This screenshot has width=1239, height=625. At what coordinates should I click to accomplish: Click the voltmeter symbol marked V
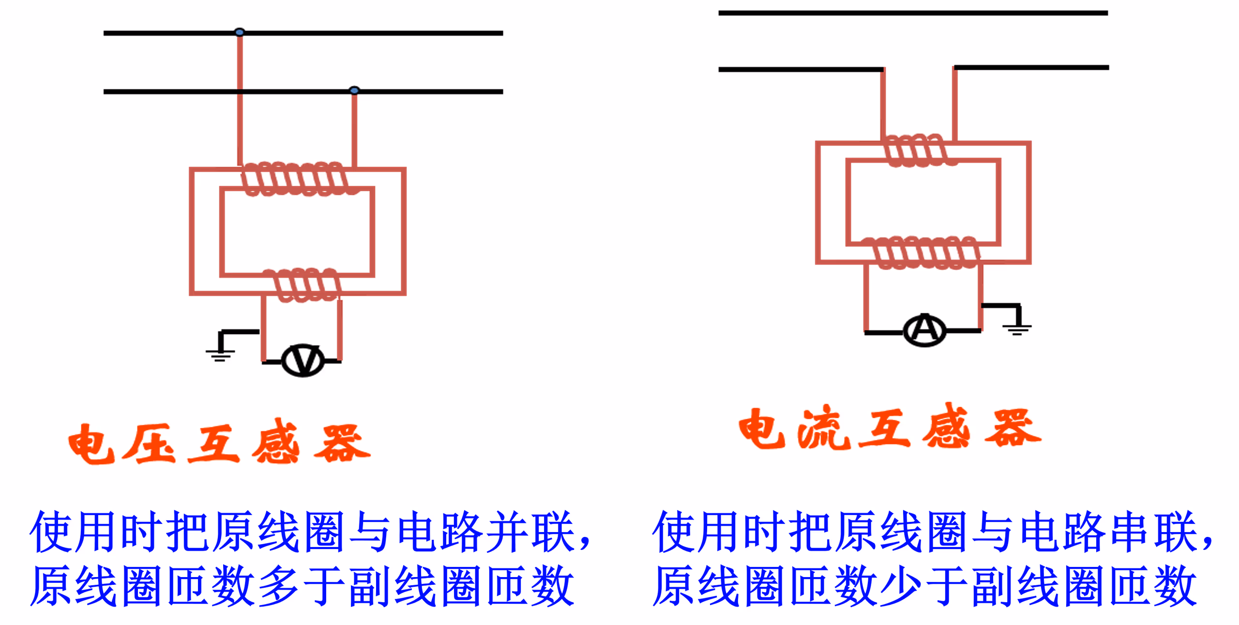tap(303, 361)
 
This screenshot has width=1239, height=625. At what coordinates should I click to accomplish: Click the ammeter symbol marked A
tap(924, 330)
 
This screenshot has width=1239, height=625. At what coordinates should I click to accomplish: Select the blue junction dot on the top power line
tap(240, 32)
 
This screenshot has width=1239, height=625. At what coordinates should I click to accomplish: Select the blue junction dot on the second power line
tap(354, 91)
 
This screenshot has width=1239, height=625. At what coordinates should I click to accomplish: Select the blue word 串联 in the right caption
tap(1155, 532)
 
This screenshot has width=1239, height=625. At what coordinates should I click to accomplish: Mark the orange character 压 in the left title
tap(149, 443)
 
